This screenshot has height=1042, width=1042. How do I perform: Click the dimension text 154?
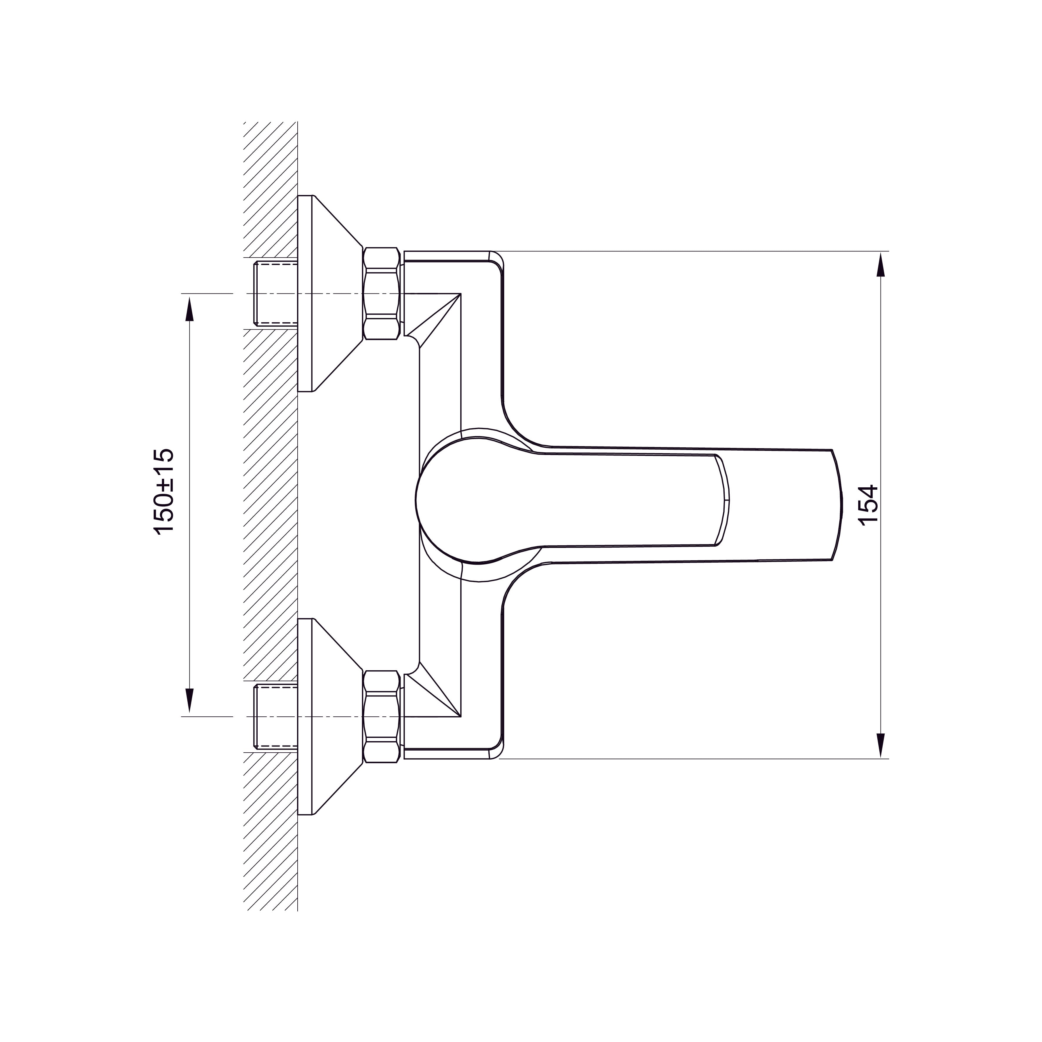[x=868, y=505]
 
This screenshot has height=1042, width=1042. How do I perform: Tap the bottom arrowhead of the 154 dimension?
[x=880, y=745]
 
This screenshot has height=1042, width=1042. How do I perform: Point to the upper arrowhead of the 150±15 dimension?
[x=189, y=310]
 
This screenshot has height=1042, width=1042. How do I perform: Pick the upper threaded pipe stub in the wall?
[x=275, y=294]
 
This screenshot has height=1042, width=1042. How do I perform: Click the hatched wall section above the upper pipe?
[x=270, y=189]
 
